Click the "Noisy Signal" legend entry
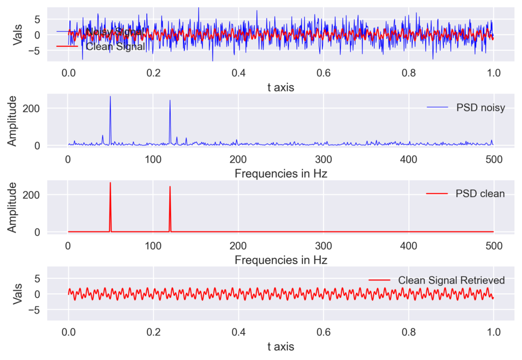[113, 32]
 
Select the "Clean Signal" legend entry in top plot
[115, 47]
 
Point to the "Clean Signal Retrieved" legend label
[451, 280]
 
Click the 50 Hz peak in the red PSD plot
[110, 183]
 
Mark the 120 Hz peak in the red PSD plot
[170, 187]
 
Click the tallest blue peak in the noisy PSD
[110, 97]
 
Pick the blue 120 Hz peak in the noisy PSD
[170, 100]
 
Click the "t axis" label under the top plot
[281, 87]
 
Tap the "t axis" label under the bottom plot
[281, 347]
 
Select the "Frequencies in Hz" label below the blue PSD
[281, 173]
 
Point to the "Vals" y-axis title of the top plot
[17, 35]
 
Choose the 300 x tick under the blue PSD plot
[323, 159]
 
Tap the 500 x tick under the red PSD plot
[493, 245]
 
